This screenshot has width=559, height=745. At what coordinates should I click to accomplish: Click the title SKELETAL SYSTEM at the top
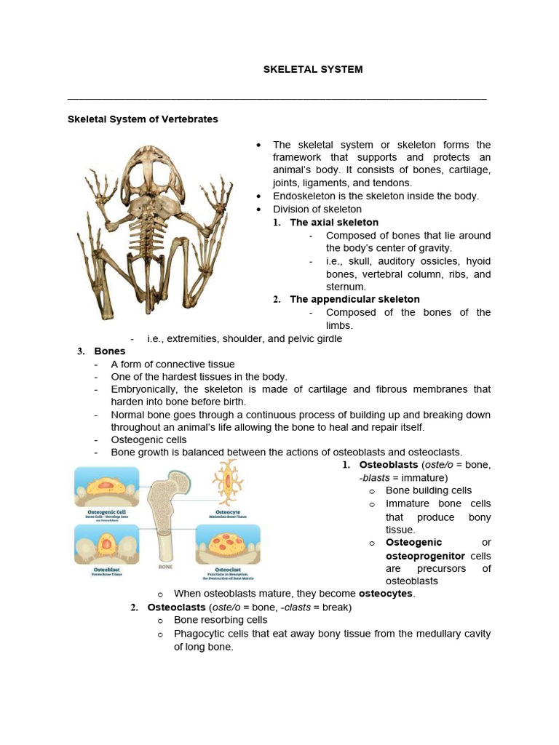pyautogui.click(x=312, y=69)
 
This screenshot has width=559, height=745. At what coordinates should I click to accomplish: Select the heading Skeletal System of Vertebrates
pyautogui.click(x=143, y=119)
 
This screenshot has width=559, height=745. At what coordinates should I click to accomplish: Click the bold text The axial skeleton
pyautogui.click(x=334, y=222)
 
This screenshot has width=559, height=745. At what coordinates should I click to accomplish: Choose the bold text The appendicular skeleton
pyautogui.click(x=354, y=299)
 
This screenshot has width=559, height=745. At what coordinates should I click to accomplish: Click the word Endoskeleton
pyautogui.click(x=304, y=196)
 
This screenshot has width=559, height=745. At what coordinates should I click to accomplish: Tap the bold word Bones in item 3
pyautogui.click(x=110, y=351)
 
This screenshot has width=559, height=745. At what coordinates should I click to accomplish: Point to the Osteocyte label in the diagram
pyautogui.click(x=229, y=511)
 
